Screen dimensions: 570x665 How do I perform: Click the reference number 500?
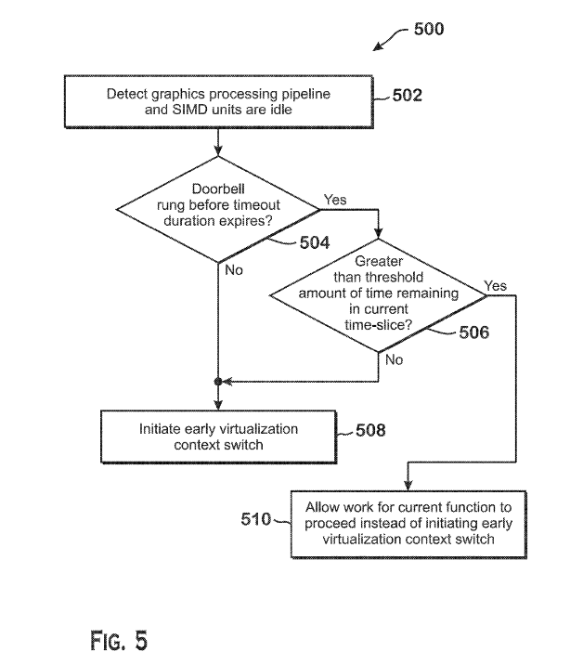[429, 29]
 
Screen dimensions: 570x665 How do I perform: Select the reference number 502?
[408, 95]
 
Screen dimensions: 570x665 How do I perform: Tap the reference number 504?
[315, 242]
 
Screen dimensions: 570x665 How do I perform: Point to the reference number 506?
[473, 332]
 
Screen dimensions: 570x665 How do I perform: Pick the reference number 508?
[370, 430]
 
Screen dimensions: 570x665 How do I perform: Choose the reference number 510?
[256, 519]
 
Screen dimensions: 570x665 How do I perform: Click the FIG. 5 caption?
[119, 641]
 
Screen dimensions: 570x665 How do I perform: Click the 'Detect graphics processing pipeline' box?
[219, 102]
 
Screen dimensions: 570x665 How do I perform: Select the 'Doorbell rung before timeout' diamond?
[218, 210]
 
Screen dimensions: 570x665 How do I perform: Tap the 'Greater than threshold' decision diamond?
[378, 295]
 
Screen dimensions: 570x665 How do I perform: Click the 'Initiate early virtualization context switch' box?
[219, 437]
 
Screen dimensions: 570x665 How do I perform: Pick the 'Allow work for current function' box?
[408, 524]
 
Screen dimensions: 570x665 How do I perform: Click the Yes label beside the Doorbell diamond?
[335, 200]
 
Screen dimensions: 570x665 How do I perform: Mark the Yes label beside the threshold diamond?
[495, 285]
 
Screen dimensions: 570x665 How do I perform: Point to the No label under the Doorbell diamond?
[234, 269]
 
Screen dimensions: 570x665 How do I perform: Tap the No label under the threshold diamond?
[395, 359]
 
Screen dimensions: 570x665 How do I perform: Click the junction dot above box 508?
[218, 382]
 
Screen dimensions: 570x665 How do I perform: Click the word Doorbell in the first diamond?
[218, 189]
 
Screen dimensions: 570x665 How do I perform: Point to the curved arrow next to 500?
[391, 36]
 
